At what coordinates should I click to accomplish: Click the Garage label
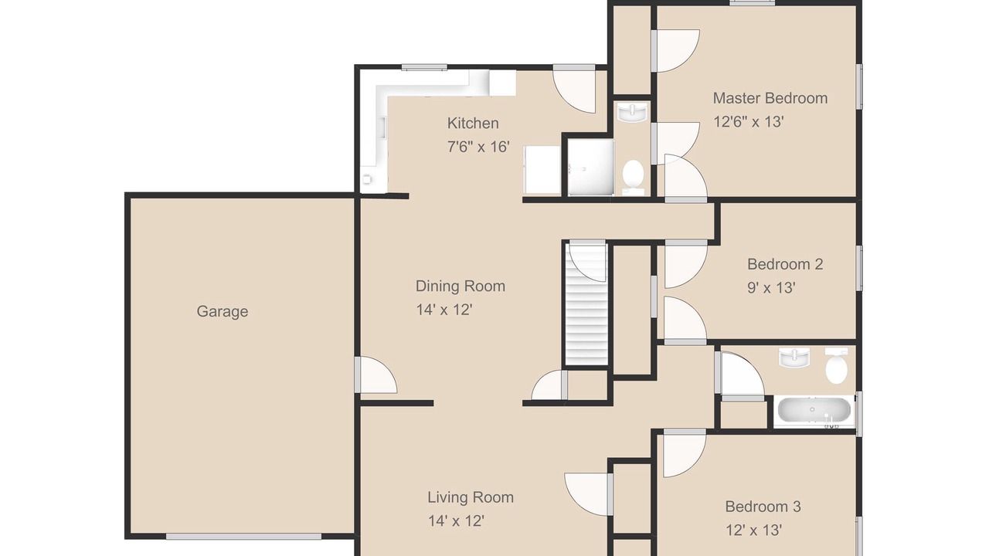tap(222, 311)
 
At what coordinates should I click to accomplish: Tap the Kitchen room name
tap(473, 123)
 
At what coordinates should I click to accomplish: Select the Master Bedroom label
tap(770, 98)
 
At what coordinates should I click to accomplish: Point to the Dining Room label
tap(460, 286)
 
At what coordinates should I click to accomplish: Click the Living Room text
tap(471, 497)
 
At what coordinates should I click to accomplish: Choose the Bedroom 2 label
tap(785, 264)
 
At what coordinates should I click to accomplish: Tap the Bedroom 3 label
tap(763, 506)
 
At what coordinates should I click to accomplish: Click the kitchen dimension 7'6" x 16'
tap(478, 147)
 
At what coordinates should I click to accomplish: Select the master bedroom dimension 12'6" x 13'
tap(749, 121)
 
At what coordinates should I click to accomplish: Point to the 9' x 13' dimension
tap(771, 288)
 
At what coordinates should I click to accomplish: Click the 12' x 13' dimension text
tap(753, 530)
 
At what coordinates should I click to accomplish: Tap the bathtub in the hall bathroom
tap(814, 411)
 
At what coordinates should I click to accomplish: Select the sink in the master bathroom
tap(633, 112)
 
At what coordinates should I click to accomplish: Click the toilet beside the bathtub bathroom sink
tap(837, 365)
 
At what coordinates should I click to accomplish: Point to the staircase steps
tap(586, 303)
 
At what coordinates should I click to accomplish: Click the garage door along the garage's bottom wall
tap(243, 537)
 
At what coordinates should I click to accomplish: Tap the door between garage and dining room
tap(376, 375)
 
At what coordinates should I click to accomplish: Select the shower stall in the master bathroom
tap(591, 168)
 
